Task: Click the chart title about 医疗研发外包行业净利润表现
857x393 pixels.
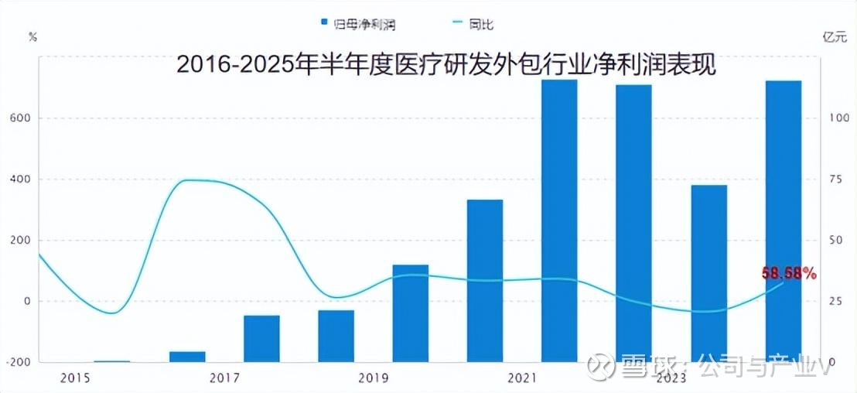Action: coord(446,64)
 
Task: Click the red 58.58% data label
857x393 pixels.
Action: coord(789,273)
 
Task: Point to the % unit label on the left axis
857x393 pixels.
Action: coord(32,36)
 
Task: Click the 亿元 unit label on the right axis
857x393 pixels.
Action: coord(838,36)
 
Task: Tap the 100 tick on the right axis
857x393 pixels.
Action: coord(838,118)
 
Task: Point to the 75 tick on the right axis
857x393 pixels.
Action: coord(835,179)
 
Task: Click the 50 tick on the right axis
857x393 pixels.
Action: coord(835,241)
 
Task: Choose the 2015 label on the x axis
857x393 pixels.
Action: coord(74,378)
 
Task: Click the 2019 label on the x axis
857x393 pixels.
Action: coord(373,378)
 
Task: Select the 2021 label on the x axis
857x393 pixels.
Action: coord(522,378)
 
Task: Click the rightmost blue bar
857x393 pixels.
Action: coord(784,220)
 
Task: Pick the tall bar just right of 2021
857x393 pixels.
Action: coord(559,220)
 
